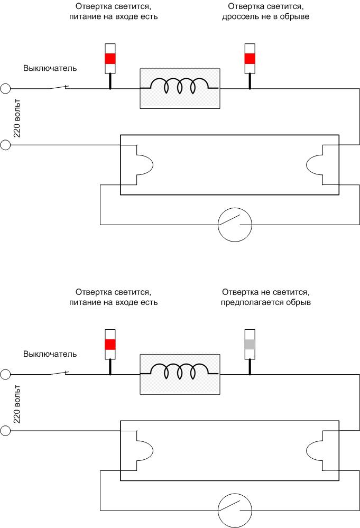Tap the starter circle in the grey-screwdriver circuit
pyautogui.click(x=235, y=511)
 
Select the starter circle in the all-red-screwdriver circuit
pyautogui.click(x=235, y=225)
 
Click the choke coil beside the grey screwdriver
pyautogui.click(x=180, y=372)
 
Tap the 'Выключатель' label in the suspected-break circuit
pyautogui.click(x=50, y=354)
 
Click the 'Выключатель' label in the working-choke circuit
pyautogui.click(x=50, y=68)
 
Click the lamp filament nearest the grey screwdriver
pyautogui.click(x=315, y=450)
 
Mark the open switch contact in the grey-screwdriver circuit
pyautogui.click(x=59, y=373)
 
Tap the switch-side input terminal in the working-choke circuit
pyautogui.click(x=5, y=89)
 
